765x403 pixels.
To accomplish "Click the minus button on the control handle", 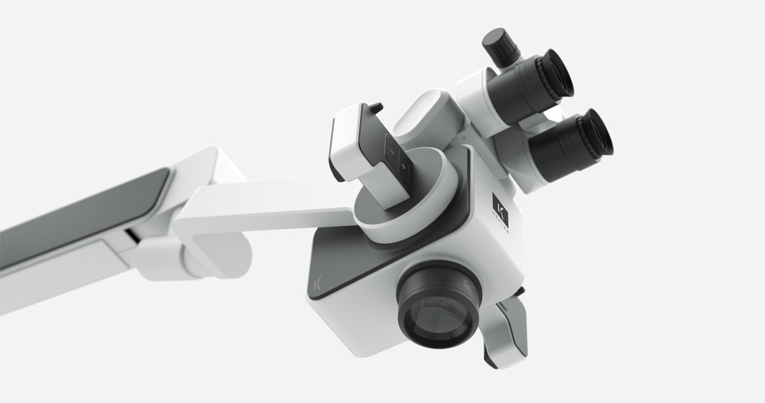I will pos(391,150).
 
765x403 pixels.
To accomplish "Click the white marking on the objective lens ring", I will pos(464,284).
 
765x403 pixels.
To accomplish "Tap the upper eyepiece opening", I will pos(560,73).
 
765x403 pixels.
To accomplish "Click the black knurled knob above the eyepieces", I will pos(499,46).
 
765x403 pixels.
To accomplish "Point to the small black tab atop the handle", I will pos(373,108).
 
